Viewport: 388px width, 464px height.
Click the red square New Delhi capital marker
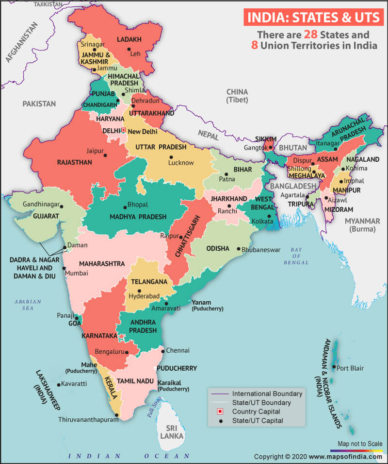click(x=124, y=130)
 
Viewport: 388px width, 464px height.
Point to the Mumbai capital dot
click(x=64, y=268)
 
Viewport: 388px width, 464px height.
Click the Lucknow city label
click(x=181, y=163)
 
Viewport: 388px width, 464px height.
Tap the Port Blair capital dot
click(x=334, y=367)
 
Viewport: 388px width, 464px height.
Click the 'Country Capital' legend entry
click(x=255, y=412)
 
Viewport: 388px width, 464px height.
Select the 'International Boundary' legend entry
click(x=267, y=394)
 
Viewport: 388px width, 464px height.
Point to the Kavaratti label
click(x=74, y=384)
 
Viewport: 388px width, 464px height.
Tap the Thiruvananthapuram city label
click(x=87, y=419)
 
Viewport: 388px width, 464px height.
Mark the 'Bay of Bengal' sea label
click(x=296, y=256)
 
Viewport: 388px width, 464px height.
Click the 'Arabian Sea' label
click(x=28, y=305)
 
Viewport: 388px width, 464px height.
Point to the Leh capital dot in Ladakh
click(x=129, y=49)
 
